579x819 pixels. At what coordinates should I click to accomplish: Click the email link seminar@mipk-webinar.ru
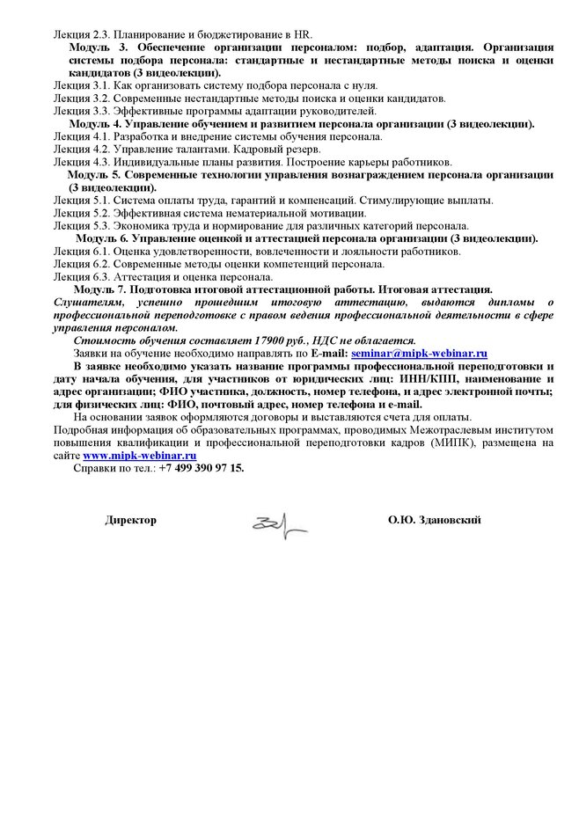(419, 353)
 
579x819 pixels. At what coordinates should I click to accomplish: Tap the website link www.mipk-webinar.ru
(138, 456)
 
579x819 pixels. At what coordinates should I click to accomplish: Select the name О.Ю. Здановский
(434, 520)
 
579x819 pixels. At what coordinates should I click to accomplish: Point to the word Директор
(131, 520)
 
